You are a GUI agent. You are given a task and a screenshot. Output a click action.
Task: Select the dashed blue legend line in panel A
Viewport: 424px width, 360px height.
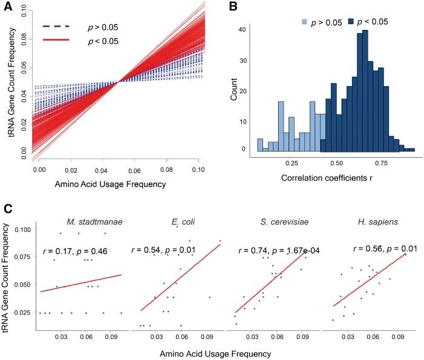55,26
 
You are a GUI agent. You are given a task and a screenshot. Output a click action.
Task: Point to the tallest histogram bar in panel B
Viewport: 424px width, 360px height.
365,91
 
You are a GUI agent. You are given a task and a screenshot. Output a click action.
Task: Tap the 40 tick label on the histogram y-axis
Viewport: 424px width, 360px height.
243,28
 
